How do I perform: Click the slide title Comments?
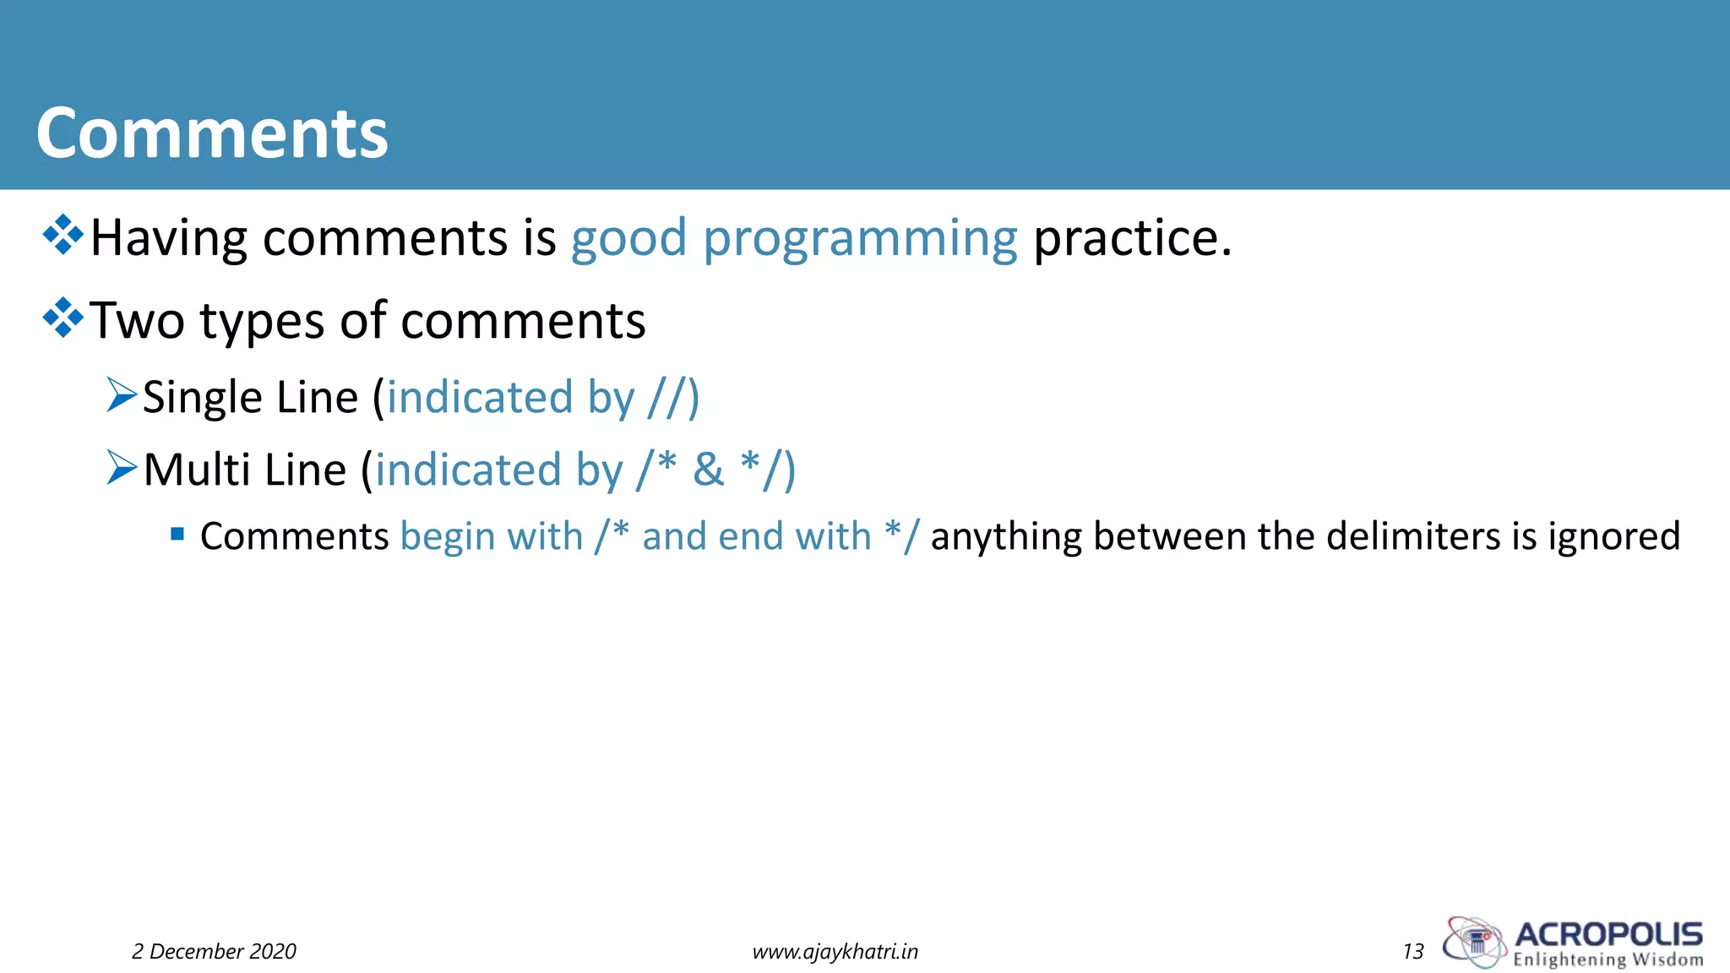211,133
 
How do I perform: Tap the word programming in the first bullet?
860,239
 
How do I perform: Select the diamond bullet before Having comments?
63,235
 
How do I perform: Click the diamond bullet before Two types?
63,318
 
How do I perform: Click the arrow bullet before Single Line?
122,394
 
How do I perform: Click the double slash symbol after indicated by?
666,397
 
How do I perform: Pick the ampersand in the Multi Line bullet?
708,470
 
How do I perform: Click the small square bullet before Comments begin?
177,534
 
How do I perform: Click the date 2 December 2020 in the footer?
214,951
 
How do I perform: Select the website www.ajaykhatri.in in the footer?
835,951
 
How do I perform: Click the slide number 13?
1412,951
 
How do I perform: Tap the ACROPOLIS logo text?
1608,934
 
